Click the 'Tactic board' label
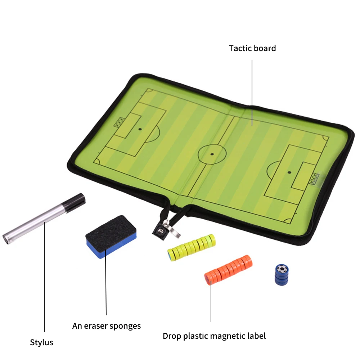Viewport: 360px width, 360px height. pyautogui.click(x=252, y=48)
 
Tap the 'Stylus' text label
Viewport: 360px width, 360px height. pyautogui.click(x=41, y=342)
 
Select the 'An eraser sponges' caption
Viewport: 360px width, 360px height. pyautogui.click(x=107, y=326)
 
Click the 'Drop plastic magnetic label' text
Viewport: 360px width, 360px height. pyautogui.click(x=214, y=336)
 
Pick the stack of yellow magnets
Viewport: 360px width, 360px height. pyautogui.click(x=192, y=247)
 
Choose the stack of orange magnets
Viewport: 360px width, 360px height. pyautogui.click(x=229, y=269)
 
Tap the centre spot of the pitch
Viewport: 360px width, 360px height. pyautogui.click(x=212, y=154)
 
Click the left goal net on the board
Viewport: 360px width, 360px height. pyautogui.click(x=118, y=122)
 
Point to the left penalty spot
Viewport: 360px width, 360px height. pyautogui.click(x=140, y=129)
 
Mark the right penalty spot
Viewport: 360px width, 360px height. pyautogui.click(x=289, y=172)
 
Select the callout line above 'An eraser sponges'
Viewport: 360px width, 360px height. pyautogui.click(x=106, y=285)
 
